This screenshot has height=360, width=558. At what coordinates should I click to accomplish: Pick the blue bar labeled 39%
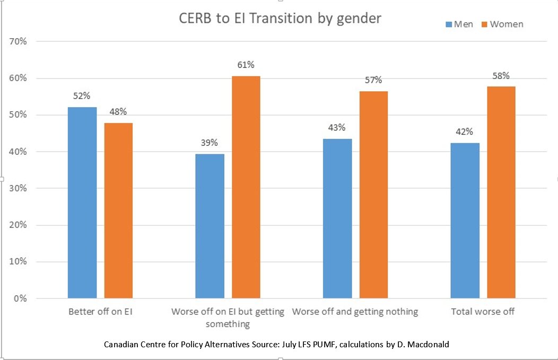(210, 226)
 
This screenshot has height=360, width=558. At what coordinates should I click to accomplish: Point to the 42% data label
(465, 132)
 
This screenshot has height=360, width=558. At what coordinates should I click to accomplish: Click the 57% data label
(373, 80)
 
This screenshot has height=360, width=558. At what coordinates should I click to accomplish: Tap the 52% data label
(82, 96)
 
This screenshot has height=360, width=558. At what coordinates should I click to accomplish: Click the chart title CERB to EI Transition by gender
(280, 18)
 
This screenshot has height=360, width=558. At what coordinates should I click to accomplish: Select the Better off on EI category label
(100, 312)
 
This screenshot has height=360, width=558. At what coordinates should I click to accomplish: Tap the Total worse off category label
(483, 312)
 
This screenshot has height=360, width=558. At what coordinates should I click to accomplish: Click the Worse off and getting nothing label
(355, 312)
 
